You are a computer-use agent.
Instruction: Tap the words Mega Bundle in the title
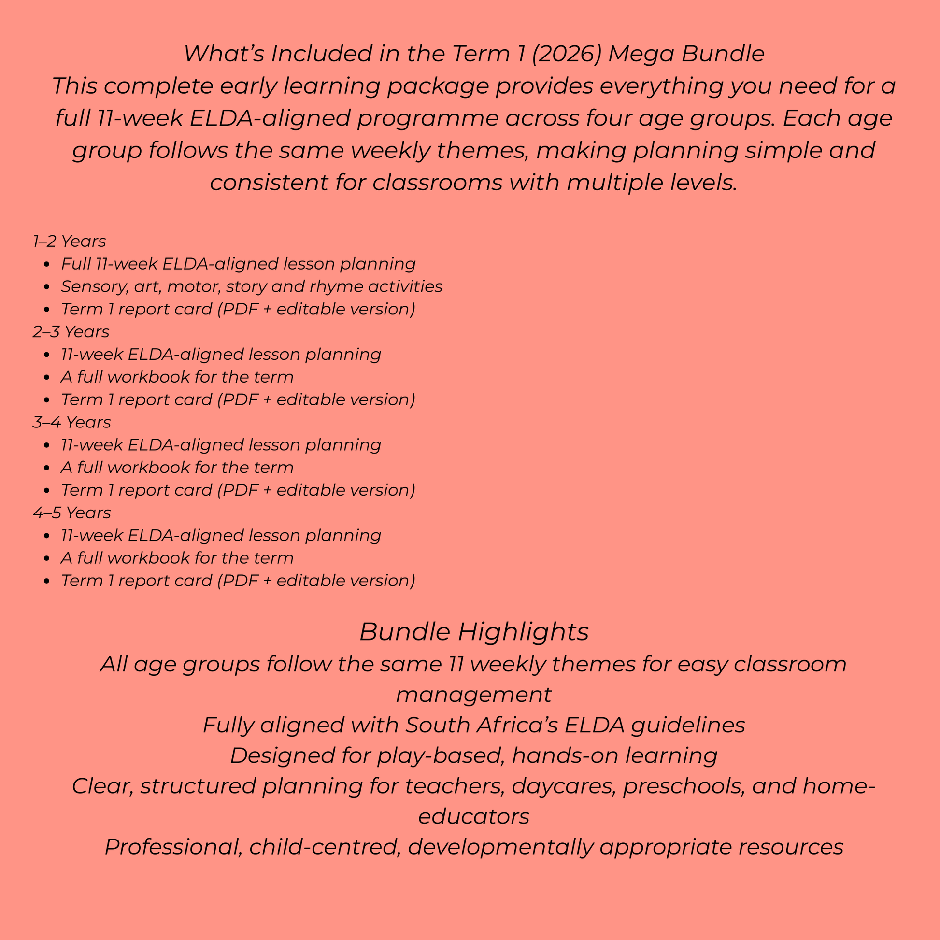tap(686, 54)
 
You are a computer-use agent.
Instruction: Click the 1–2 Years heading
tap(69, 242)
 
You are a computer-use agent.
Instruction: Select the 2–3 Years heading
tap(71, 332)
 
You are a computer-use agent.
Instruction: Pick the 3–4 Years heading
tap(71, 422)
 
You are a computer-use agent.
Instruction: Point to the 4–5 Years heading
tap(71, 513)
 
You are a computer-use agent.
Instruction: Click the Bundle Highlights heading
tap(474, 632)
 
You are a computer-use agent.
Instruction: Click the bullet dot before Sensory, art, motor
tap(47, 287)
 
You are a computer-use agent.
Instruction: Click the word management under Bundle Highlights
tap(474, 695)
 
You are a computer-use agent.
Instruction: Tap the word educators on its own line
tap(474, 816)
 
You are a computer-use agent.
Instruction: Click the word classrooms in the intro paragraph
tap(437, 183)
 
